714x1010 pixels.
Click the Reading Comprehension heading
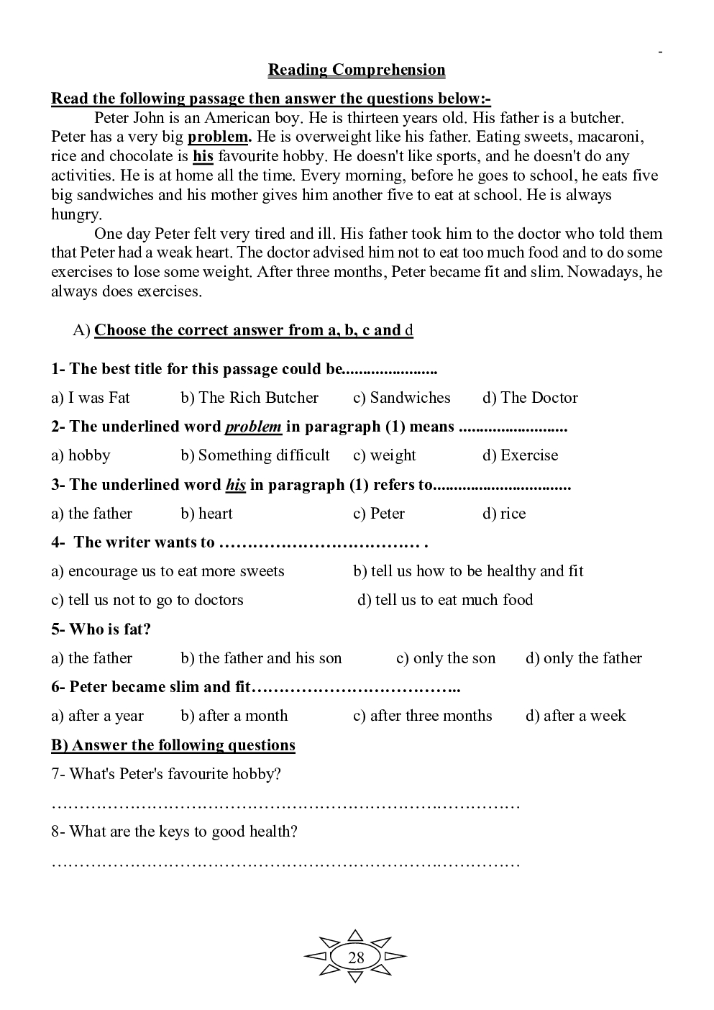tap(356, 70)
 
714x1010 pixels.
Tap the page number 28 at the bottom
tap(356, 957)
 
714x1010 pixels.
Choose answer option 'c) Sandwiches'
tap(401, 398)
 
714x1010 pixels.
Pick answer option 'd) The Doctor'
tap(530, 398)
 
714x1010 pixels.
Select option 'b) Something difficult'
tap(255, 455)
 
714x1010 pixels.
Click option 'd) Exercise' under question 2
tap(520, 455)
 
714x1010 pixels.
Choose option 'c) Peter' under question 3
tap(378, 514)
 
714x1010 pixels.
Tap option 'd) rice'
tap(504, 514)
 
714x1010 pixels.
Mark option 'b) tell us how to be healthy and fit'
tap(468, 571)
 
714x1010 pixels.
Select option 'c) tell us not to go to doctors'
tap(147, 600)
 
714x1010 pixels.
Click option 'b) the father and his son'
tap(261, 658)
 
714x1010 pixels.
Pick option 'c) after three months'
tap(422, 716)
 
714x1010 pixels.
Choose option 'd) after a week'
tap(575, 716)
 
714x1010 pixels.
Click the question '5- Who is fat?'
tap(101, 629)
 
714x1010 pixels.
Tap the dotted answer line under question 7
tap(285, 804)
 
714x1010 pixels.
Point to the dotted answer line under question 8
tap(285, 862)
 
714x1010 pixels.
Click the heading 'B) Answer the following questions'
tap(173, 745)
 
